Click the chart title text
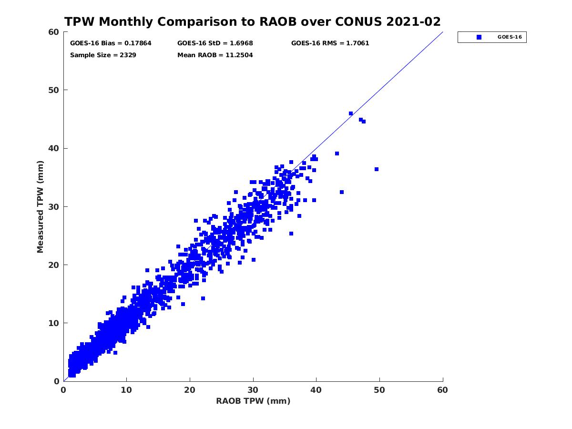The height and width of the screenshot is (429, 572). coord(253,22)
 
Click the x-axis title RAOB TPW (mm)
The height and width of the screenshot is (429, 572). coord(253,401)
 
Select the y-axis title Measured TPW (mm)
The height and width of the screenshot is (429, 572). coord(41,206)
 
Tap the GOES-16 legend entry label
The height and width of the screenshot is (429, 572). coord(508,37)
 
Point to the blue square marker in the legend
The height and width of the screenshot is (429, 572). coord(479,37)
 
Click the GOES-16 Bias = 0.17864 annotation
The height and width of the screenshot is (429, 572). coord(111,43)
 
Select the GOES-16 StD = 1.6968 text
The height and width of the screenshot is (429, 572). coord(215,43)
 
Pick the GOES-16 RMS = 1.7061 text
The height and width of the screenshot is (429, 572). coord(330,43)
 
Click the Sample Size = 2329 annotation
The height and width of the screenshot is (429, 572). coord(103,55)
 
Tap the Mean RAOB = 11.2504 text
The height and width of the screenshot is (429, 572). coord(215,55)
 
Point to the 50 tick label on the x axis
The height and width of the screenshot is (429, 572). coord(379,390)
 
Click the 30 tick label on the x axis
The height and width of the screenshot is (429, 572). coord(253,390)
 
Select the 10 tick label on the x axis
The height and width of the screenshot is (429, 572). coord(126,390)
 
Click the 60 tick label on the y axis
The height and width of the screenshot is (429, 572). coord(54,32)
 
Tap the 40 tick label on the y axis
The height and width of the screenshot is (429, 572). coord(54,148)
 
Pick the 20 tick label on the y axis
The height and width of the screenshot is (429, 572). coord(54,265)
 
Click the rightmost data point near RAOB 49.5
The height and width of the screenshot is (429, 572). coord(377,169)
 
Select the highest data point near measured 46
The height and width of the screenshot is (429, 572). coord(351,113)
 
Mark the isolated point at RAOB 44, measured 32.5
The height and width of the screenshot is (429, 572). coord(342,192)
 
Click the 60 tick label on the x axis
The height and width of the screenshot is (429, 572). coord(443,390)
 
